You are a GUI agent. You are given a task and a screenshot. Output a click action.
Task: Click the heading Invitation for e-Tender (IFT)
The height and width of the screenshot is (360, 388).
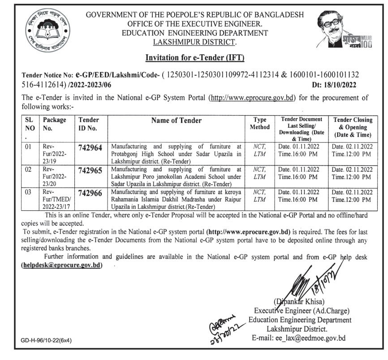(x=194, y=57)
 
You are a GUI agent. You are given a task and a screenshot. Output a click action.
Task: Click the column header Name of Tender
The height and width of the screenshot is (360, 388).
(x=176, y=120)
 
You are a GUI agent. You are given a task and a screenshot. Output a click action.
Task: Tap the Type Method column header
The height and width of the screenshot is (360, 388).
(x=260, y=123)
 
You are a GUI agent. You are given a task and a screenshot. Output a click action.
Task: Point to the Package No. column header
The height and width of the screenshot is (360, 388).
(x=54, y=123)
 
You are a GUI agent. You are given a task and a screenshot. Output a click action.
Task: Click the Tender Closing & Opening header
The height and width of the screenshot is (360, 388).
(x=353, y=127)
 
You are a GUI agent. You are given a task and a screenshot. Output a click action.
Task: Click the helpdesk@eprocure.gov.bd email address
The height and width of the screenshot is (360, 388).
(x=62, y=265)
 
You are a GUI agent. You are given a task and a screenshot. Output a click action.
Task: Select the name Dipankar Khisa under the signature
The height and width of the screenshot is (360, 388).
(x=297, y=300)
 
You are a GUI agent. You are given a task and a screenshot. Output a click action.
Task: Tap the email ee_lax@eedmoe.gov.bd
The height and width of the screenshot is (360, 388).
(x=300, y=338)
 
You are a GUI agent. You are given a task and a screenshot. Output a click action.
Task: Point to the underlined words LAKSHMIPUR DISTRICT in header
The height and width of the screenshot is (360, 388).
(x=194, y=42)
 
